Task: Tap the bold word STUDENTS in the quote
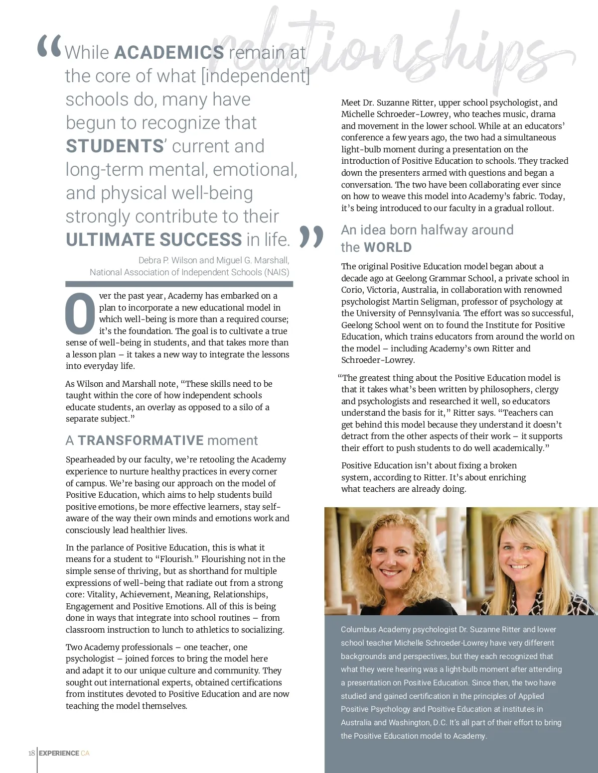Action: (115, 146)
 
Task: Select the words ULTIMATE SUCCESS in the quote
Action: (154, 240)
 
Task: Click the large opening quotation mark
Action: (50, 46)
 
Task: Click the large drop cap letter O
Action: (80, 314)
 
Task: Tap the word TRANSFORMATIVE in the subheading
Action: (141, 441)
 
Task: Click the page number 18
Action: (31, 753)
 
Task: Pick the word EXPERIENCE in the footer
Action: (59, 753)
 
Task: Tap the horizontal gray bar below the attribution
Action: (179, 284)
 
